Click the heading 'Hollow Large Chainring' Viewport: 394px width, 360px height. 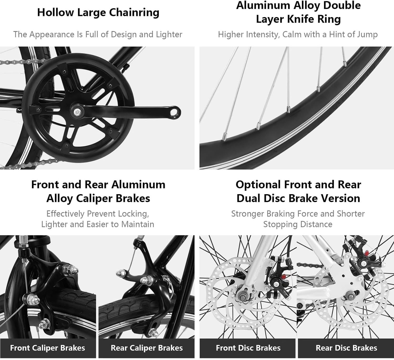point(98,13)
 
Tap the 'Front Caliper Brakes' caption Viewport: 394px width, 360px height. point(48,348)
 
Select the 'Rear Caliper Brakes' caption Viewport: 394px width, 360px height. point(147,348)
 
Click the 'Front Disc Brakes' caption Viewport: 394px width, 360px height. point(248,348)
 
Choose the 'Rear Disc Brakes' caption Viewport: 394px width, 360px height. point(346,348)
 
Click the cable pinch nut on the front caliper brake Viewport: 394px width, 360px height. point(29,298)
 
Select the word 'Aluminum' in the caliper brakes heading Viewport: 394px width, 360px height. point(138,184)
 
